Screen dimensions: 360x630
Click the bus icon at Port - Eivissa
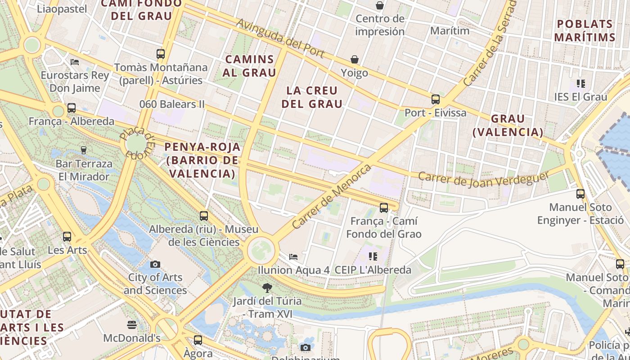click(x=435, y=99)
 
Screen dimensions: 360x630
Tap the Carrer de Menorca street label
click(x=332, y=196)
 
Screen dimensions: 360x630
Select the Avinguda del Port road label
click(x=280, y=38)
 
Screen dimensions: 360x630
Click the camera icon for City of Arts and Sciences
click(x=155, y=264)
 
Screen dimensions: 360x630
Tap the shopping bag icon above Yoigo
click(x=355, y=59)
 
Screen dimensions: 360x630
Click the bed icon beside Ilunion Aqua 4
click(x=293, y=257)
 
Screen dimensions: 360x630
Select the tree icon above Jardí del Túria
click(x=267, y=288)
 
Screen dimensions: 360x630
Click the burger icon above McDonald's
click(x=132, y=324)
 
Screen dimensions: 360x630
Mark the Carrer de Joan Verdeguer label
click(x=484, y=179)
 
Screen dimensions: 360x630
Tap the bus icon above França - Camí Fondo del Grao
click(x=384, y=207)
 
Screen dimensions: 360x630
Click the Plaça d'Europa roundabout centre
click(x=136, y=143)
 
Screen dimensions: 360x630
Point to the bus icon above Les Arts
click(x=67, y=236)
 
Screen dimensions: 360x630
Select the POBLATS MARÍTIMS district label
click(x=585, y=31)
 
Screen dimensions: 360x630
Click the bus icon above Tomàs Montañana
click(x=161, y=54)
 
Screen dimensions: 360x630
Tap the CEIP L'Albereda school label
click(x=373, y=270)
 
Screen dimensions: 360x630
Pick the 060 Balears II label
click(x=172, y=104)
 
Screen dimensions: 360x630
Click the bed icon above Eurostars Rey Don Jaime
click(x=75, y=62)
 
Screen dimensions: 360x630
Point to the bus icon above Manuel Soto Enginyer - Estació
click(x=580, y=194)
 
